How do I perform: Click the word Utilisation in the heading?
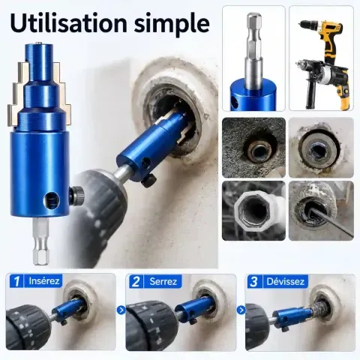point(69,23)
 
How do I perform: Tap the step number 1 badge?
point(16,281)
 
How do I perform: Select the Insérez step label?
point(44,281)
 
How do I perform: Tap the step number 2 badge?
point(136,281)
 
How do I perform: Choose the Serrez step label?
point(163,282)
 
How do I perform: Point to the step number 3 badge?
point(253,281)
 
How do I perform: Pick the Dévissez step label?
point(286,282)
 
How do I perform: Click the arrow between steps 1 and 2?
point(121,310)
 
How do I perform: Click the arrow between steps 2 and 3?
point(241,310)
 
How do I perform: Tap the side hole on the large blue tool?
point(52,199)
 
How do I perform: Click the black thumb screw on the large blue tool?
point(76,195)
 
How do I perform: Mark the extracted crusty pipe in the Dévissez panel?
point(320,310)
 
